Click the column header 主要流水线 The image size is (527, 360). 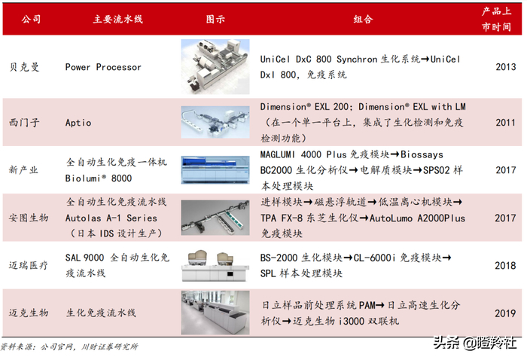click(x=118, y=19)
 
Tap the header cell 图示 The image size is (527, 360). click(x=215, y=19)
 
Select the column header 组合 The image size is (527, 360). click(x=363, y=19)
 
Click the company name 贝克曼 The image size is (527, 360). click(x=24, y=67)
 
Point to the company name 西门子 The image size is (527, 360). click(x=24, y=122)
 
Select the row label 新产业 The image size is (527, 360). click(x=23, y=169)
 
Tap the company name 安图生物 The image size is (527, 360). click(x=29, y=218)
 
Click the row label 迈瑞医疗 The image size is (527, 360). click(x=29, y=265)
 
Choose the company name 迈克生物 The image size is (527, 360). click(x=29, y=313)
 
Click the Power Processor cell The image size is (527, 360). click(x=103, y=67)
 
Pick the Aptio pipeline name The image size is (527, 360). click(x=78, y=123)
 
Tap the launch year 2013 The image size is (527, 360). click(x=505, y=67)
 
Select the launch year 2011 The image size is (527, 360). click(x=505, y=122)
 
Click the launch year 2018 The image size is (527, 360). click(x=505, y=266)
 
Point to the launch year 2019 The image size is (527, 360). click(x=505, y=313)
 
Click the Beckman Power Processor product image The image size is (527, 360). click(x=215, y=66)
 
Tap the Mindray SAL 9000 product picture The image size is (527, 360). click(x=215, y=266)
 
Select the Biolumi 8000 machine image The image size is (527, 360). click(x=215, y=169)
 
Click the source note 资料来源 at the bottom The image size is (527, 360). click(x=69, y=346)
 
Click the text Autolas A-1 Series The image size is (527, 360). click(x=111, y=218)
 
